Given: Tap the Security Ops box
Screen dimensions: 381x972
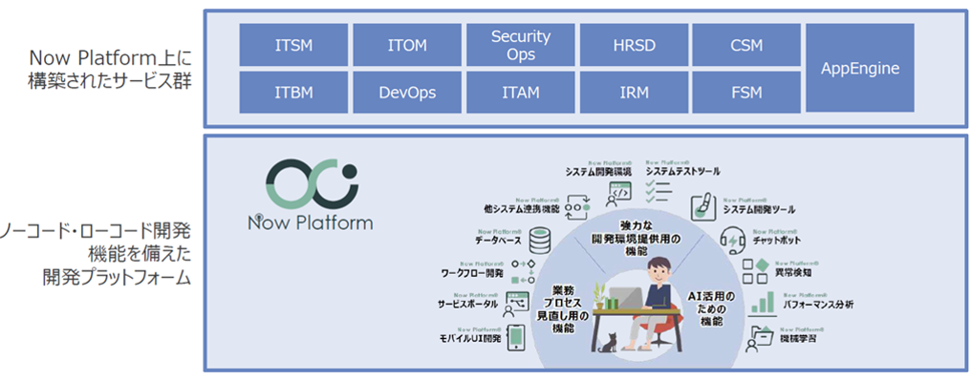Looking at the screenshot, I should (x=520, y=45).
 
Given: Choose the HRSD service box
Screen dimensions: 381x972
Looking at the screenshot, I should (x=633, y=45).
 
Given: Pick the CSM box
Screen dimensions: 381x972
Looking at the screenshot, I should (x=745, y=45).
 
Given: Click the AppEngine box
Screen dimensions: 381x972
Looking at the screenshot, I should (x=860, y=69).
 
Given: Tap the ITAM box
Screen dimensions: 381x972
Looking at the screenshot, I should (x=520, y=93).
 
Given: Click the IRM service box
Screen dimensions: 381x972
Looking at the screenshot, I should (x=633, y=93).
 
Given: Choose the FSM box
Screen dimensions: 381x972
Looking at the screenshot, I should (x=745, y=93).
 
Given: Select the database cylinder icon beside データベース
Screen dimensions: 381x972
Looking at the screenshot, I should (x=541, y=235).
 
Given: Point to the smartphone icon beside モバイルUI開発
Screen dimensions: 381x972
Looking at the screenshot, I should (x=515, y=337).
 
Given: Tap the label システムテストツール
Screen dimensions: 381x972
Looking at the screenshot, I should (x=683, y=171).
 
